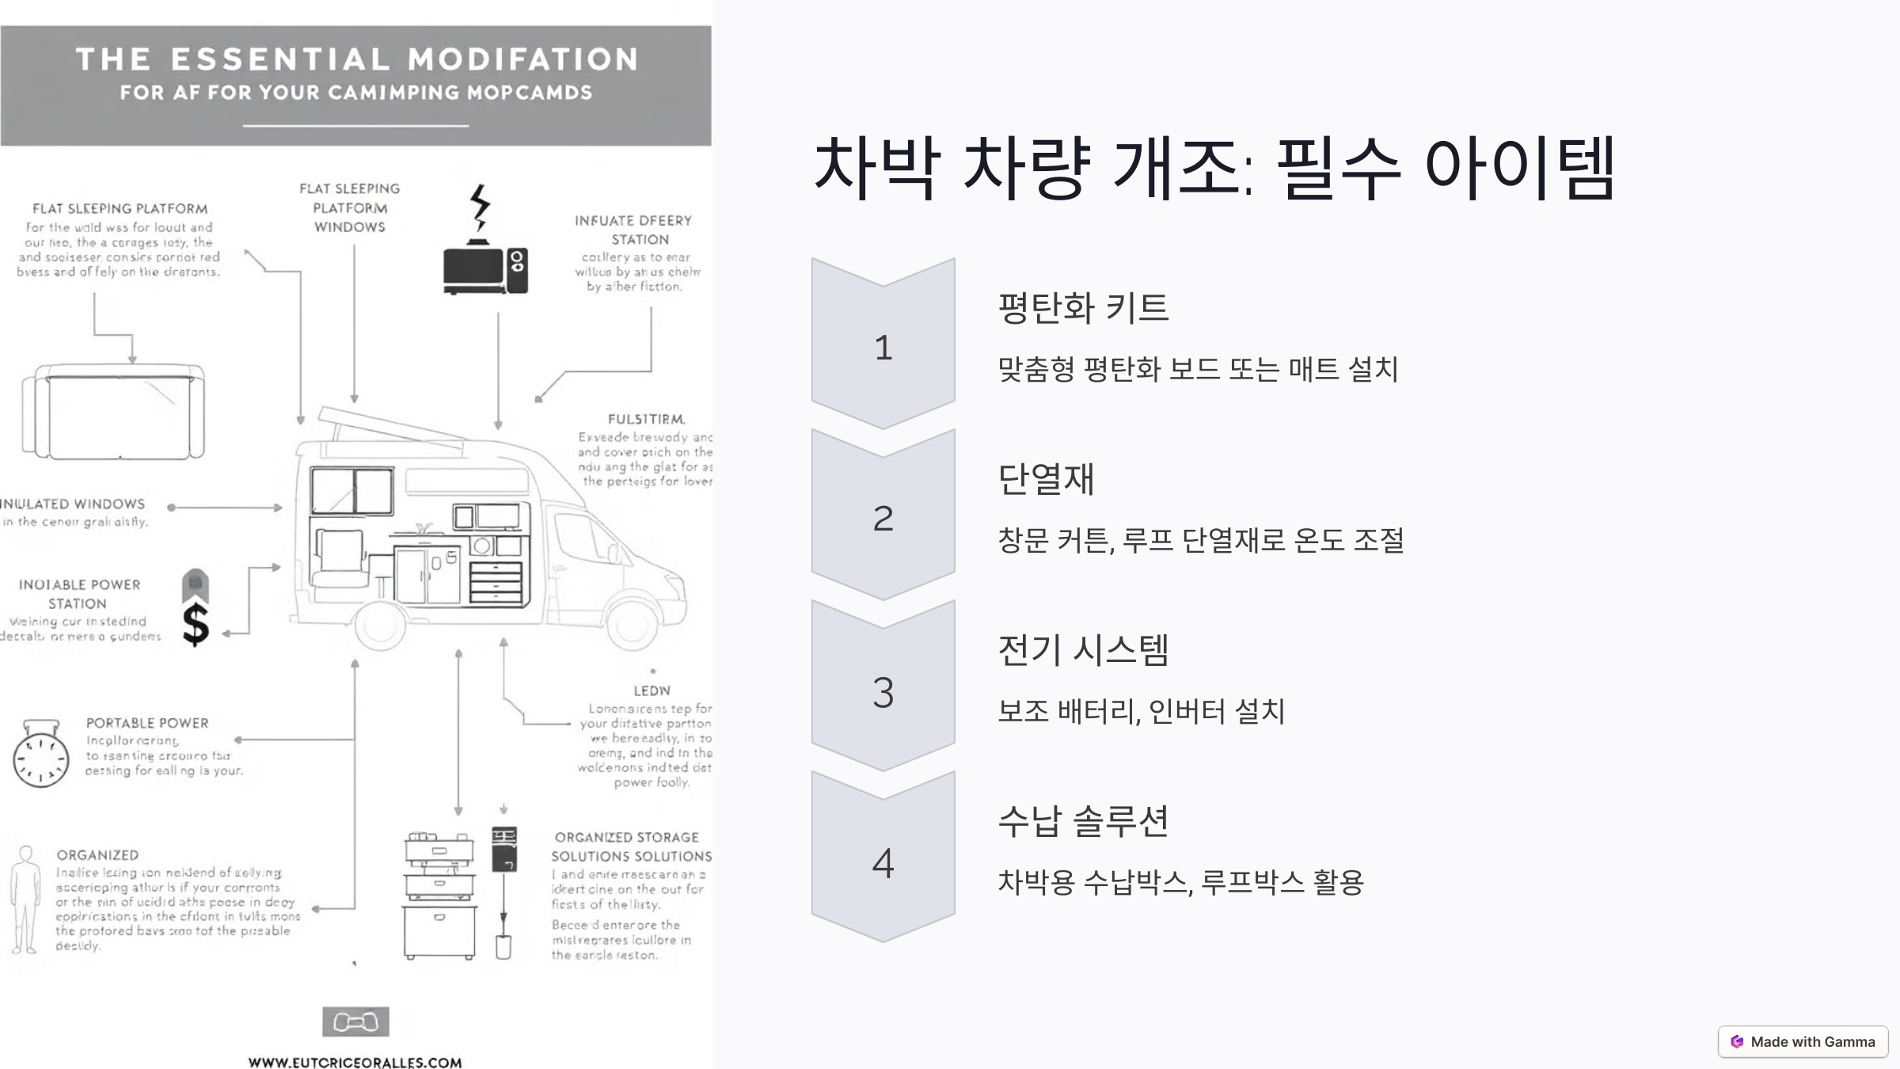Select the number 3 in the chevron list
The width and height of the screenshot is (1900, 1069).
click(883, 691)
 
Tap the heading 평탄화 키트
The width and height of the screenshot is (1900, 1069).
click(1083, 307)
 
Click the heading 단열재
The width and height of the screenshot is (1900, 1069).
click(1046, 479)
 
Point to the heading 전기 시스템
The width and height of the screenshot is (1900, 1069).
click(1083, 650)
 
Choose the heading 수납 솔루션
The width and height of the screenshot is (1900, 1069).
click(1083, 821)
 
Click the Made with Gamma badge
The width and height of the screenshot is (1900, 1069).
click(1803, 1041)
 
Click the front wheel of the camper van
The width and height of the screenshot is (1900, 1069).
click(631, 623)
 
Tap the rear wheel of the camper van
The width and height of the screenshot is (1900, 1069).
click(382, 623)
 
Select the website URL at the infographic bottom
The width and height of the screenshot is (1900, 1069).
click(355, 1062)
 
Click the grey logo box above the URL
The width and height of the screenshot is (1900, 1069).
click(355, 1021)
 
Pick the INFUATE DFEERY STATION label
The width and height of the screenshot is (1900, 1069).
click(633, 230)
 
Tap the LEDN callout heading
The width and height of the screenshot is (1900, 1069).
click(652, 690)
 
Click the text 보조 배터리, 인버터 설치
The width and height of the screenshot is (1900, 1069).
click(1141, 711)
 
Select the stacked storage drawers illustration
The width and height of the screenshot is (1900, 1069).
click(439, 895)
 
